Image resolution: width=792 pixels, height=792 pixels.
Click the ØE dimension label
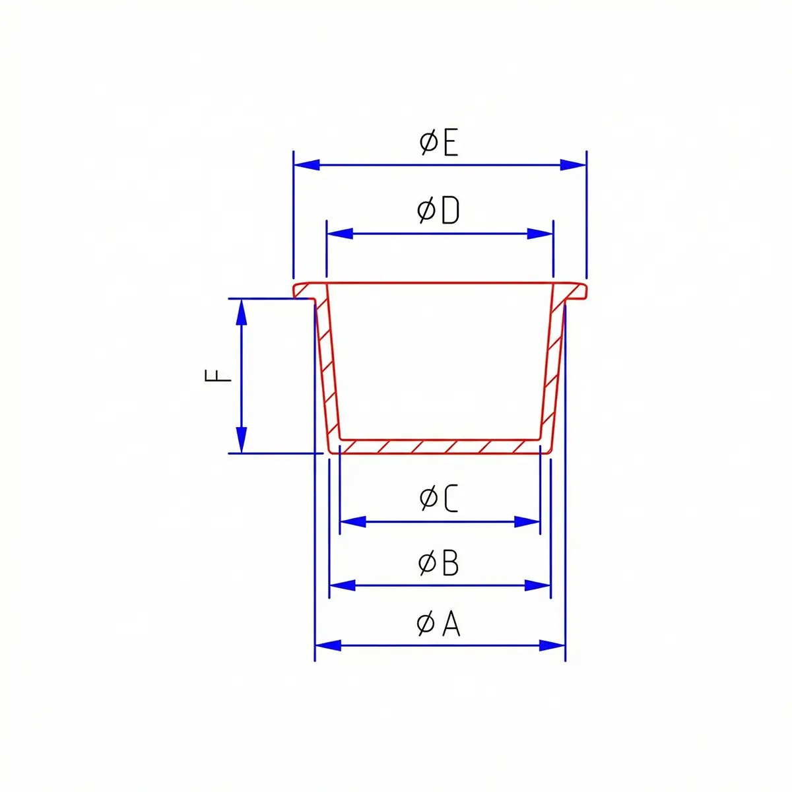(439, 143)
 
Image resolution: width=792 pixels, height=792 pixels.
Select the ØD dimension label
(438, 211)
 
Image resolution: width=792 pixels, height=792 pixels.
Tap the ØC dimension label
(438, 498)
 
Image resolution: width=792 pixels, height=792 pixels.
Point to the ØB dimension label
(438, 563)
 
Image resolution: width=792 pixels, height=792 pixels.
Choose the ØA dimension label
(438, 624)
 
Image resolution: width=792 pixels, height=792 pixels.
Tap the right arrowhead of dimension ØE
(573, 165)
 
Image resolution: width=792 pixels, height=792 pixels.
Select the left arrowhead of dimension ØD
(340, 234)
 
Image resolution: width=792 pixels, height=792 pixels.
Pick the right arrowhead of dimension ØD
(540, 234)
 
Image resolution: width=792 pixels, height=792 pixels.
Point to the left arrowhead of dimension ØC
(352, 522)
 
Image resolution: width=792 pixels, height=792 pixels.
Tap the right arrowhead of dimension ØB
(537, 585)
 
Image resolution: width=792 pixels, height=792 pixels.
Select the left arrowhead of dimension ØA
(328, 645)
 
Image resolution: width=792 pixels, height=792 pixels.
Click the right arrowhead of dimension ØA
(552, 645)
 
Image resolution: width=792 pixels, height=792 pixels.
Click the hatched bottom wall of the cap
(439, 447)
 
